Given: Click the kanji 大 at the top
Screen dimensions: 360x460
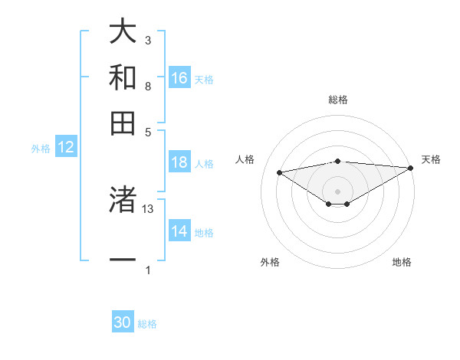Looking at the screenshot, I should pos(123,33).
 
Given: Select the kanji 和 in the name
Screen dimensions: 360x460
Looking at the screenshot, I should pos(123,78).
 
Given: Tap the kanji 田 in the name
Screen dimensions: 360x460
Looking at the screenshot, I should pos(123,123).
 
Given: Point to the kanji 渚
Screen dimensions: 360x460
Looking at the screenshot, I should pos(123,200).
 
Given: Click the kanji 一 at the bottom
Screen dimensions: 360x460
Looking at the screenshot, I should pos(123,260).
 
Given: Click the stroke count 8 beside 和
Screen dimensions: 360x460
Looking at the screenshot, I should pos(148,86).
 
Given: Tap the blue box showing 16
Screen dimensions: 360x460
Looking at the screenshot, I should pos(179,77).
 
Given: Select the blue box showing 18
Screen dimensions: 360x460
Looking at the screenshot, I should pos(179,162).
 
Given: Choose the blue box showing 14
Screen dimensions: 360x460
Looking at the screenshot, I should pos(179,231).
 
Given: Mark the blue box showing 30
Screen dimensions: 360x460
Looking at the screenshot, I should pos(123,322).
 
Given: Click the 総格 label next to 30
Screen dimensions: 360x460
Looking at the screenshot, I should pos(148,324).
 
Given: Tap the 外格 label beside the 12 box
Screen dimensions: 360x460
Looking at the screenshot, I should pos(41,149).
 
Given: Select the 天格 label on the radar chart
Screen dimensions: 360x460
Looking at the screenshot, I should pos(431,159).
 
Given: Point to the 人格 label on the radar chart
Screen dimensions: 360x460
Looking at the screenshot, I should pos(245,159).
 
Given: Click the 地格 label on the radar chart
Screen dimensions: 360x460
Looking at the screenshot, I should pos(402,263).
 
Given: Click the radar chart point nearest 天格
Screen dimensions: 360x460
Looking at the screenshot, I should pos(412,168).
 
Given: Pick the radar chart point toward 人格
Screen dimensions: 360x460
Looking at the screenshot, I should pos(280,172).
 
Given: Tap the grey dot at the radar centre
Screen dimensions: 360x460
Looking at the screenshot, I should pos(337,190).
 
